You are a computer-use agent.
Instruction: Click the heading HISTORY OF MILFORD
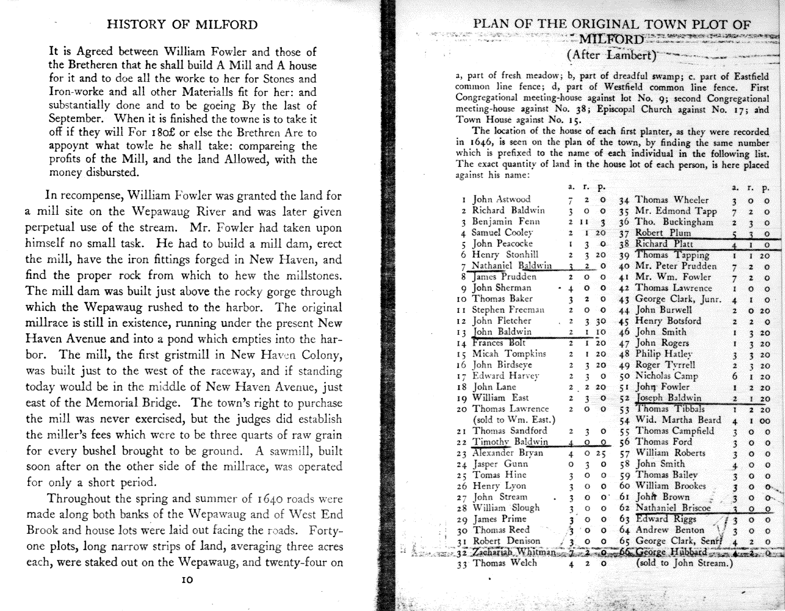point(182,25)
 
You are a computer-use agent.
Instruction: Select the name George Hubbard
point(672,553)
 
